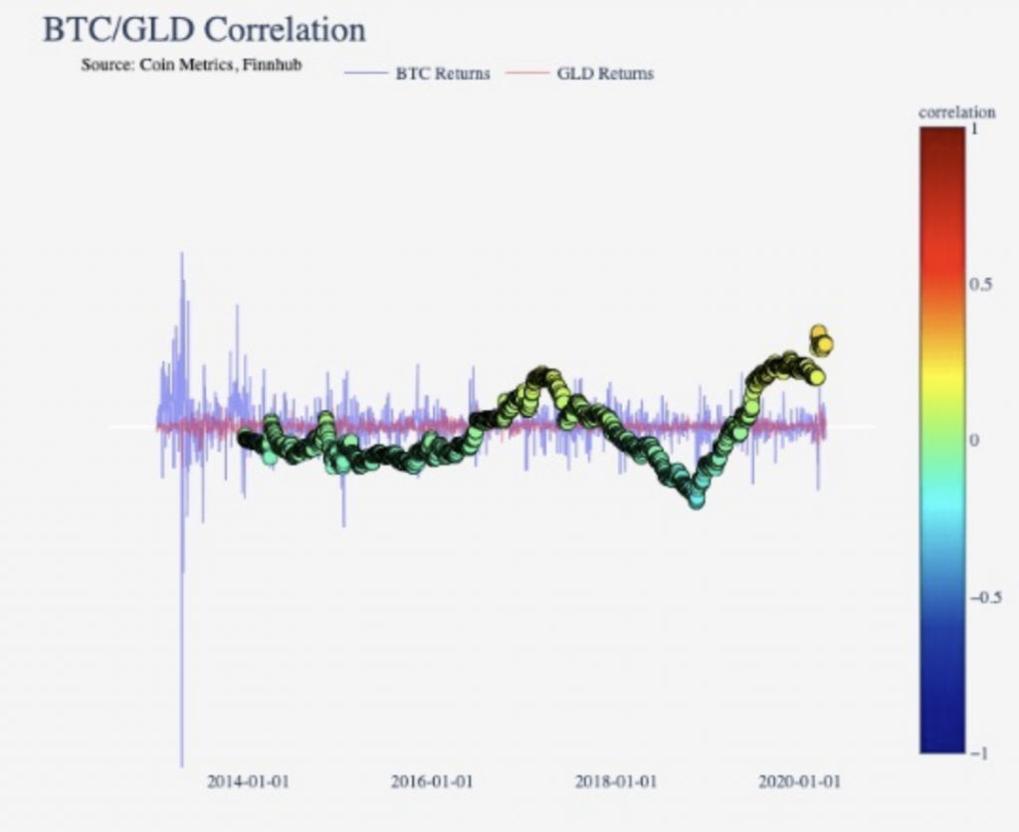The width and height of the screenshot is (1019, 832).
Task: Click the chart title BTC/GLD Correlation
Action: (204, 29)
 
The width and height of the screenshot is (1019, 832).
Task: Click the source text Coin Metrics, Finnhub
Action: (191, 66)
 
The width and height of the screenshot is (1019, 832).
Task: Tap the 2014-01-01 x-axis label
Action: (248, 781)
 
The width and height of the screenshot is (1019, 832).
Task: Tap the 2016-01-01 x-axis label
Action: (432, 781)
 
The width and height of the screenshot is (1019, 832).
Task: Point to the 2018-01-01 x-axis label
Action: (615, 781)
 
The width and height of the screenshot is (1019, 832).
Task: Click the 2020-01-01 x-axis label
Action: (799, 781)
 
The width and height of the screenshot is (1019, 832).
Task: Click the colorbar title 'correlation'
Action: (956, 112)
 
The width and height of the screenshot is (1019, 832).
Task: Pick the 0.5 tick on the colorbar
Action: (979, 286)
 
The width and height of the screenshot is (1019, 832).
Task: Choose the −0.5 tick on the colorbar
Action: (982, 597)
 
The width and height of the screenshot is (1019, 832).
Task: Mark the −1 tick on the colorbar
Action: (974, 752)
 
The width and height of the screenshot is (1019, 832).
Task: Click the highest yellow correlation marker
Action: (819, 333)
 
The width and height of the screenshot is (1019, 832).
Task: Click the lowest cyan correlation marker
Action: (697, 500)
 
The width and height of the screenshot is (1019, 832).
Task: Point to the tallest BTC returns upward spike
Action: (181, 255)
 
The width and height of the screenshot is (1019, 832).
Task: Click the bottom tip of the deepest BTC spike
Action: (182, 764)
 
